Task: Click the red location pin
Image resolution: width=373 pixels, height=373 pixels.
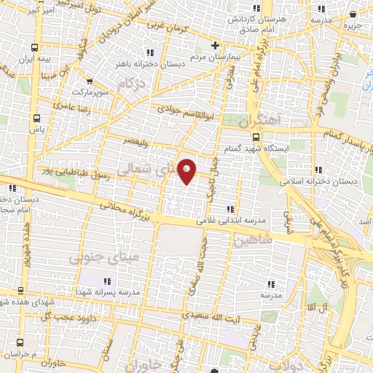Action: (x=187, y=170)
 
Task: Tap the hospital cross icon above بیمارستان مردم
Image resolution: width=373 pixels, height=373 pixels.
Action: (x=215, y=45)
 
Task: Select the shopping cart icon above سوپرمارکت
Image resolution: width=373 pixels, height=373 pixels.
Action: (x=89, y=82)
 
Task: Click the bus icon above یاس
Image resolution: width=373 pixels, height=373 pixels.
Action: (x=36, y=117)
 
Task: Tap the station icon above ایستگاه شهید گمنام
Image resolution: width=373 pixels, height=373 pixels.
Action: (x=256, y=136)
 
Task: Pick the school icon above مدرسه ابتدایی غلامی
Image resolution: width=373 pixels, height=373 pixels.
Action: (x=231, y=209)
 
